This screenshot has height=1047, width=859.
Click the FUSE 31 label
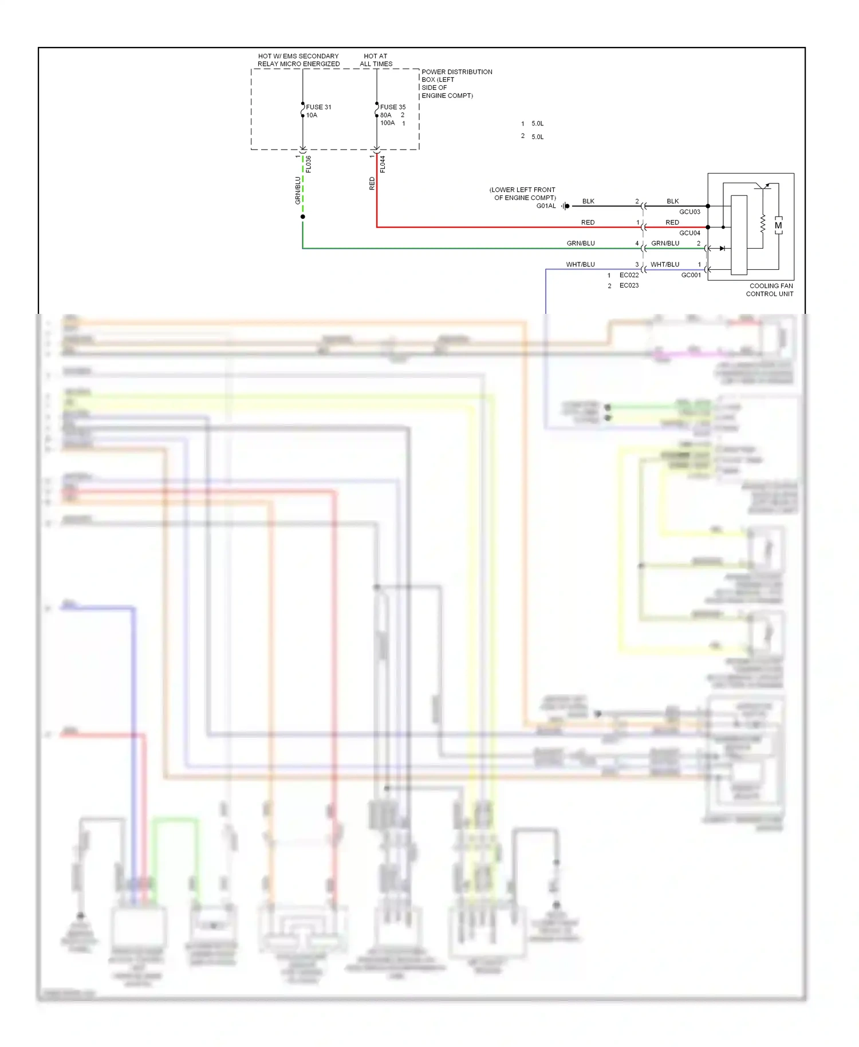click(x=318, y=107)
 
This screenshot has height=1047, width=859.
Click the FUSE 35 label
click(x=393, y=107)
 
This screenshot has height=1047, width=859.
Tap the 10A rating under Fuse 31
click(x=312, y=115)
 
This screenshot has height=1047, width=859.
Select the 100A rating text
click(x=388, y=123)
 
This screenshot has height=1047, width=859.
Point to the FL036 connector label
click(x=309, y=164)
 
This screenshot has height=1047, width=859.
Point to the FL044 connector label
click(x=383, y=164)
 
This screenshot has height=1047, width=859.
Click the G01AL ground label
click(x=546, y=206)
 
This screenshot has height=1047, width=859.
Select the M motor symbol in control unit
click(x=778, y=226)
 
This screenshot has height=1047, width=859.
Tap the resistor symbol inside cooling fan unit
click(x=763, y=224)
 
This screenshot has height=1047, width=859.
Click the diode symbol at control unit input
click(x=722, y=249)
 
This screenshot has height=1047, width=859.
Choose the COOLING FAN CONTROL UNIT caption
click(x=770, y=290)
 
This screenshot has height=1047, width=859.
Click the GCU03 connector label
click(x=689, y=212)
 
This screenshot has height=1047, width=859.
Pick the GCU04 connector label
click(x=689, y=233)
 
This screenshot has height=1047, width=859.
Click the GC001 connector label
click(x=691, y=275)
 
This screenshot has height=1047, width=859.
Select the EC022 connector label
click(x=629, y=275)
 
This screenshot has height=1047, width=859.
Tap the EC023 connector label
click(x=629, y=286)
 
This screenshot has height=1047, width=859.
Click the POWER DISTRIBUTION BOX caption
click(x=456, y=84)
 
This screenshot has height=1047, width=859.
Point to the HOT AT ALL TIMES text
click(x=376, y=60)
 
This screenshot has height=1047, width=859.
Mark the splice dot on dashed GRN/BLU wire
click(x=303, y=217)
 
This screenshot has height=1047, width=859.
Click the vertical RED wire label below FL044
click(x=372, y=183)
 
